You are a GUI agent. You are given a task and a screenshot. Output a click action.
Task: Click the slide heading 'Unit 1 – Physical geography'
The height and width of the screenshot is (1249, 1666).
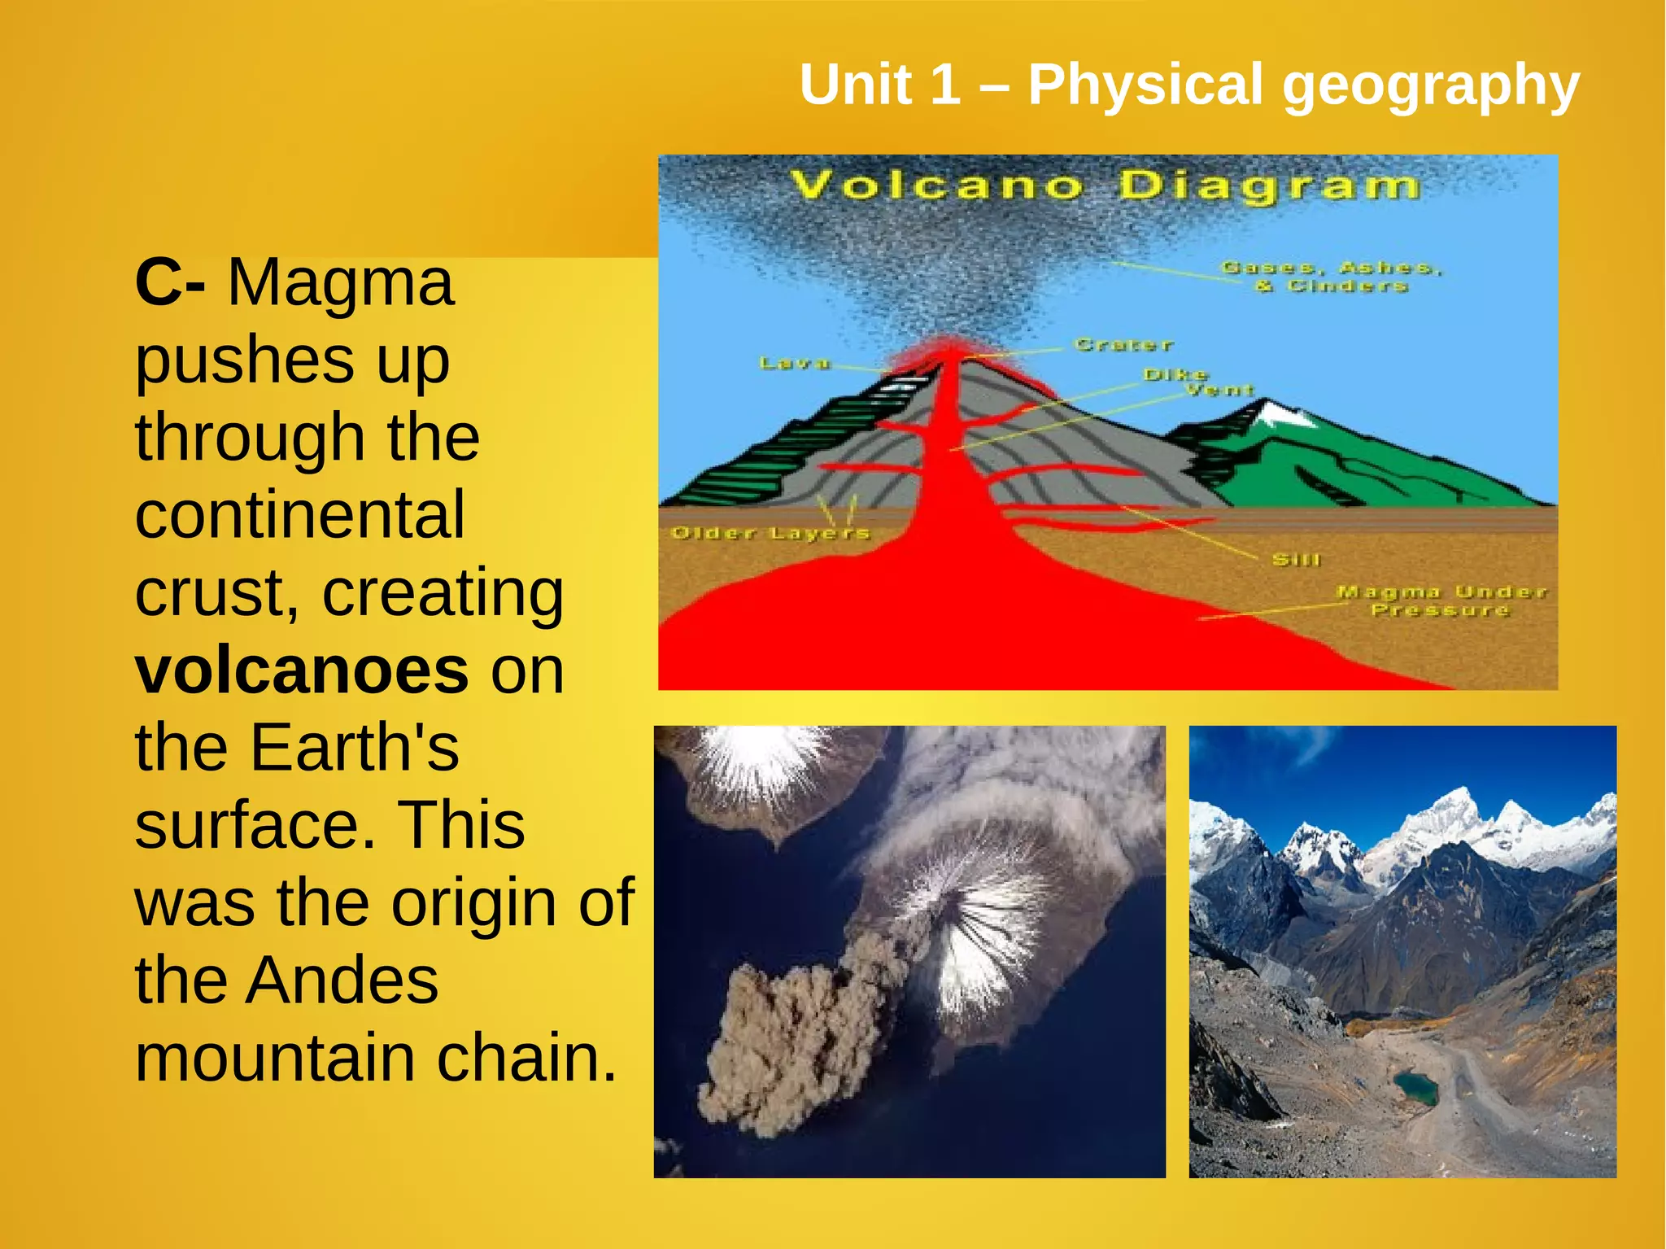[x=1188, y=85]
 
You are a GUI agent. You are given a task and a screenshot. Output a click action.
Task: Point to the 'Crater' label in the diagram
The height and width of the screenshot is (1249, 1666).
[x=1123, y=345]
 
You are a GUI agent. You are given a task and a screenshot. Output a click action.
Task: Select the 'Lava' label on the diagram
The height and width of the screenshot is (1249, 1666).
[x=794, y=363]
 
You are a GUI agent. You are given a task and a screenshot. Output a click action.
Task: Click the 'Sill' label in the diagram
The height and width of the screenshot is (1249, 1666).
[x=1296, y=560]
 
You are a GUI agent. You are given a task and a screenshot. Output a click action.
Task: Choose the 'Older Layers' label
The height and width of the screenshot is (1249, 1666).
[x=770, y=534]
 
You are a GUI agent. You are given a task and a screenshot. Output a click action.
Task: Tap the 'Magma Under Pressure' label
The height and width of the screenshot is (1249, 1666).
[x=1441, y=600]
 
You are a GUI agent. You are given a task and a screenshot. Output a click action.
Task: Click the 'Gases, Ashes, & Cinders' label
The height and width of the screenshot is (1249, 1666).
[x=1331, y=277]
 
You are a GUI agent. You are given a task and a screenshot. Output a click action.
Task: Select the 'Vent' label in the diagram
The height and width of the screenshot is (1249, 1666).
[x=1219, y=391]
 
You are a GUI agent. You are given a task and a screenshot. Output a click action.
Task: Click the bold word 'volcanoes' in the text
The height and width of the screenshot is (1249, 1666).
[x=302, y=672]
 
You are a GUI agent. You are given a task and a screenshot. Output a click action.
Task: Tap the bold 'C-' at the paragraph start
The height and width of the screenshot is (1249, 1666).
[x=169, y=282]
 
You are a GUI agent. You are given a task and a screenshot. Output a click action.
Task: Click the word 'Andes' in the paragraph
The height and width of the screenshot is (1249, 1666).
[x=342, y=980]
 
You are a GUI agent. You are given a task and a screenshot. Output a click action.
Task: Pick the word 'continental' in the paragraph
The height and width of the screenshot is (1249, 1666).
[x=300, y=515]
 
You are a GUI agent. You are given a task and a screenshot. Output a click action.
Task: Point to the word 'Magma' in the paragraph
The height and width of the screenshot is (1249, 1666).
[x=340, y=282]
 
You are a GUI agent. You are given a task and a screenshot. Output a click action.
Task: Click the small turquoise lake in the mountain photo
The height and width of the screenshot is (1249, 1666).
[x=1416, y=1087]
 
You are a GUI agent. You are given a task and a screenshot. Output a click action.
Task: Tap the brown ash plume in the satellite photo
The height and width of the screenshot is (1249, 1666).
[x=781, y=1042]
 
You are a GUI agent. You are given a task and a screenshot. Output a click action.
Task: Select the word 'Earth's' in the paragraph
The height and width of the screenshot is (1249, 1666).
[x=355, y=748]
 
